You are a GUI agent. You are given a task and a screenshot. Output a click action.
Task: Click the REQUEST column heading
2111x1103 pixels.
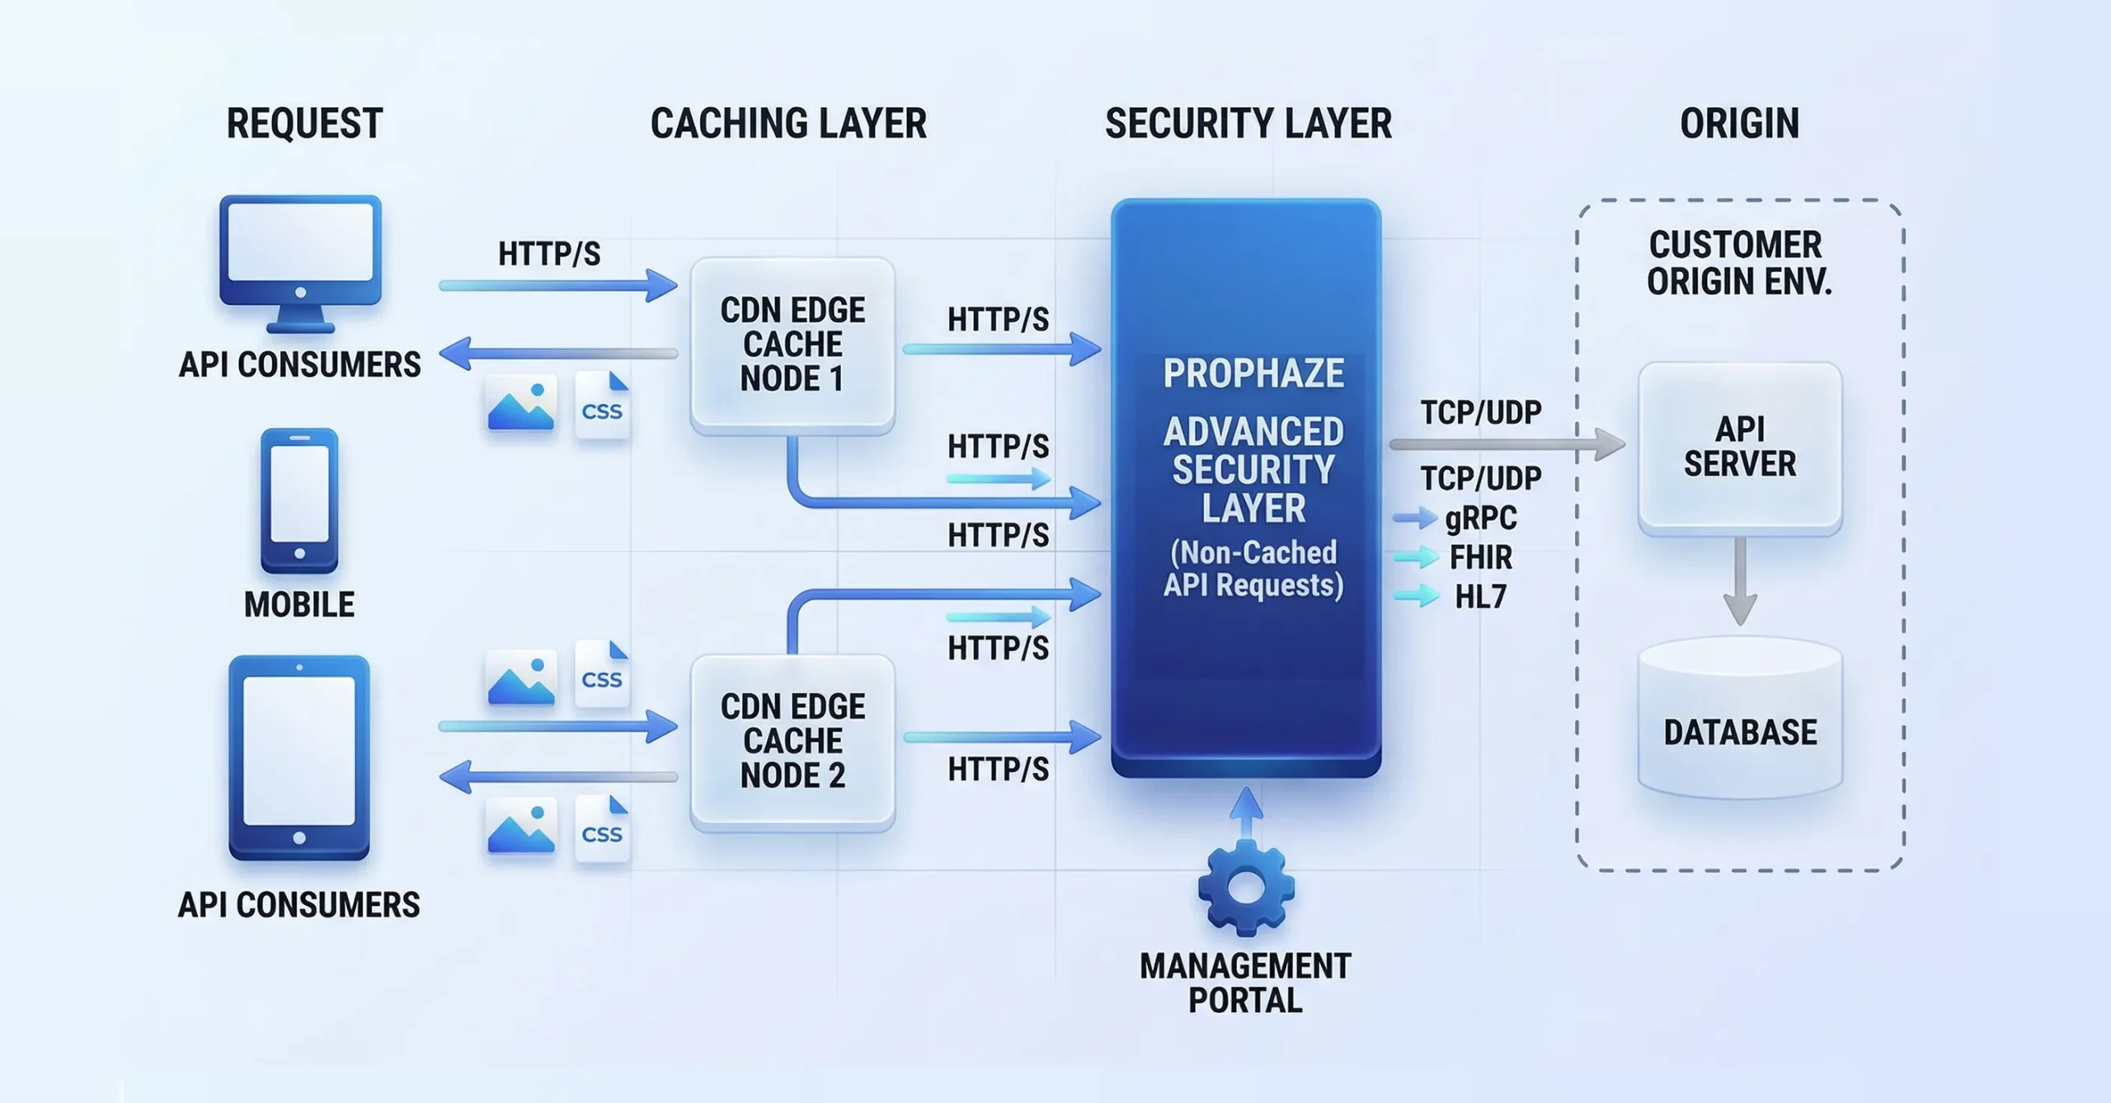[x=304, y=124]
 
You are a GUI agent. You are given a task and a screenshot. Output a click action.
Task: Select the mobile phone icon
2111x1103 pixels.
[x=299, y=500]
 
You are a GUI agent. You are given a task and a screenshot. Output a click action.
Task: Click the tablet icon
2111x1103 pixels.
[x=299, y=757]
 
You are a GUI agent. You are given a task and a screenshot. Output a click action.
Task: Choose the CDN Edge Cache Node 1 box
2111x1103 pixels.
[x=792, y=345]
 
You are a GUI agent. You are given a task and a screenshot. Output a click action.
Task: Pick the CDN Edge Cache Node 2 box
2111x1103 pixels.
[x=792, y=741]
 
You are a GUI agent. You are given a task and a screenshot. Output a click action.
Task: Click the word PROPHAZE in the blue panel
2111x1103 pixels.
[x=1253, y=373]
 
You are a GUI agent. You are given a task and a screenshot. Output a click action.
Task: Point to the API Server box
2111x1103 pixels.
[x=1740, y=448]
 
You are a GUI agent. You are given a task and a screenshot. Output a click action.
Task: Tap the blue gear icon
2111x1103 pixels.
[x=1246, y=889]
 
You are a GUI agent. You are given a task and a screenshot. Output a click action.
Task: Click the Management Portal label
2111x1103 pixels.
[x=1245, y=983]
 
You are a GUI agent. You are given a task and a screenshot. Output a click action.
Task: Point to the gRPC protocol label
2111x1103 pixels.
[x=1481, y=518]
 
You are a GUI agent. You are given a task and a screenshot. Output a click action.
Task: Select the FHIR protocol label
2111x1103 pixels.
[x=1481, y=557]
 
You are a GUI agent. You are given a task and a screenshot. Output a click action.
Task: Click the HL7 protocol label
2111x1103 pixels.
[x=1481, y=596]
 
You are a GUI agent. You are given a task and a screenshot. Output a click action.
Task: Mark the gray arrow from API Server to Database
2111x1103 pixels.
[x=1740, y=581]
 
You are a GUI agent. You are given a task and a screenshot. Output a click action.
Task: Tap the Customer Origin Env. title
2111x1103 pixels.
[x=1738, y=263]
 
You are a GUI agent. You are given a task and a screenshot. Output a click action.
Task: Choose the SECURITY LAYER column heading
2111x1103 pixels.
[x=1248, y=124]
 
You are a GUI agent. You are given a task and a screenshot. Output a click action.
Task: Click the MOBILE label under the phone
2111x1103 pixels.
[x=299, y=605]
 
